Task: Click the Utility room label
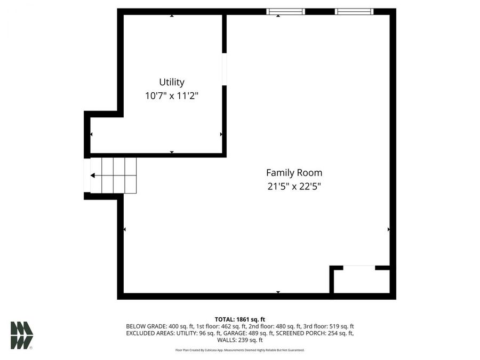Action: tap(172, 82)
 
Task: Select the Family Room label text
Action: tap(294, 173)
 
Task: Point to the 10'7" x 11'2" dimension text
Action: tap(172, 97)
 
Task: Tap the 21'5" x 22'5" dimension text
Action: tap(294, 187)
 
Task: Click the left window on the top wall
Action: tap(285, 11)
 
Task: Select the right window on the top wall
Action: tap(354, 11)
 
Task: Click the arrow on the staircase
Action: tap(93, 175)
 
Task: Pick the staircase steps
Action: tap(114, 175)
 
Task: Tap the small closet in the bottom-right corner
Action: tap(362, 281)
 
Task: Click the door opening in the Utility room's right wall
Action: tap(225, 69)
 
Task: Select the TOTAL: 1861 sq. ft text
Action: tap(239, 319)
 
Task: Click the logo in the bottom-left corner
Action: tap(21, 335)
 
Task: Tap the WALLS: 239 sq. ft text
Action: tap(239, 340)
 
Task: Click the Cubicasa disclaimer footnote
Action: tap(239, 350)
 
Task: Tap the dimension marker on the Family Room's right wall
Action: tap(389, 229)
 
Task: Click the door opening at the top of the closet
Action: tap(359, 267)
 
